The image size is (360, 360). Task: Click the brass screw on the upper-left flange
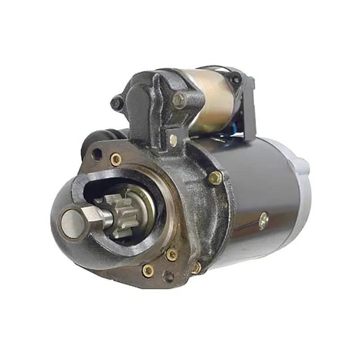[116, 158]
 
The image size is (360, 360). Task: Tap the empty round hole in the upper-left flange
[96, 154]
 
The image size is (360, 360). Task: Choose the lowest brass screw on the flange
[148, 270]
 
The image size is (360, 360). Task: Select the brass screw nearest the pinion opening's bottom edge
[171, 254]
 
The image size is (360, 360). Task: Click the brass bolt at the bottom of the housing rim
[196, 268]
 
